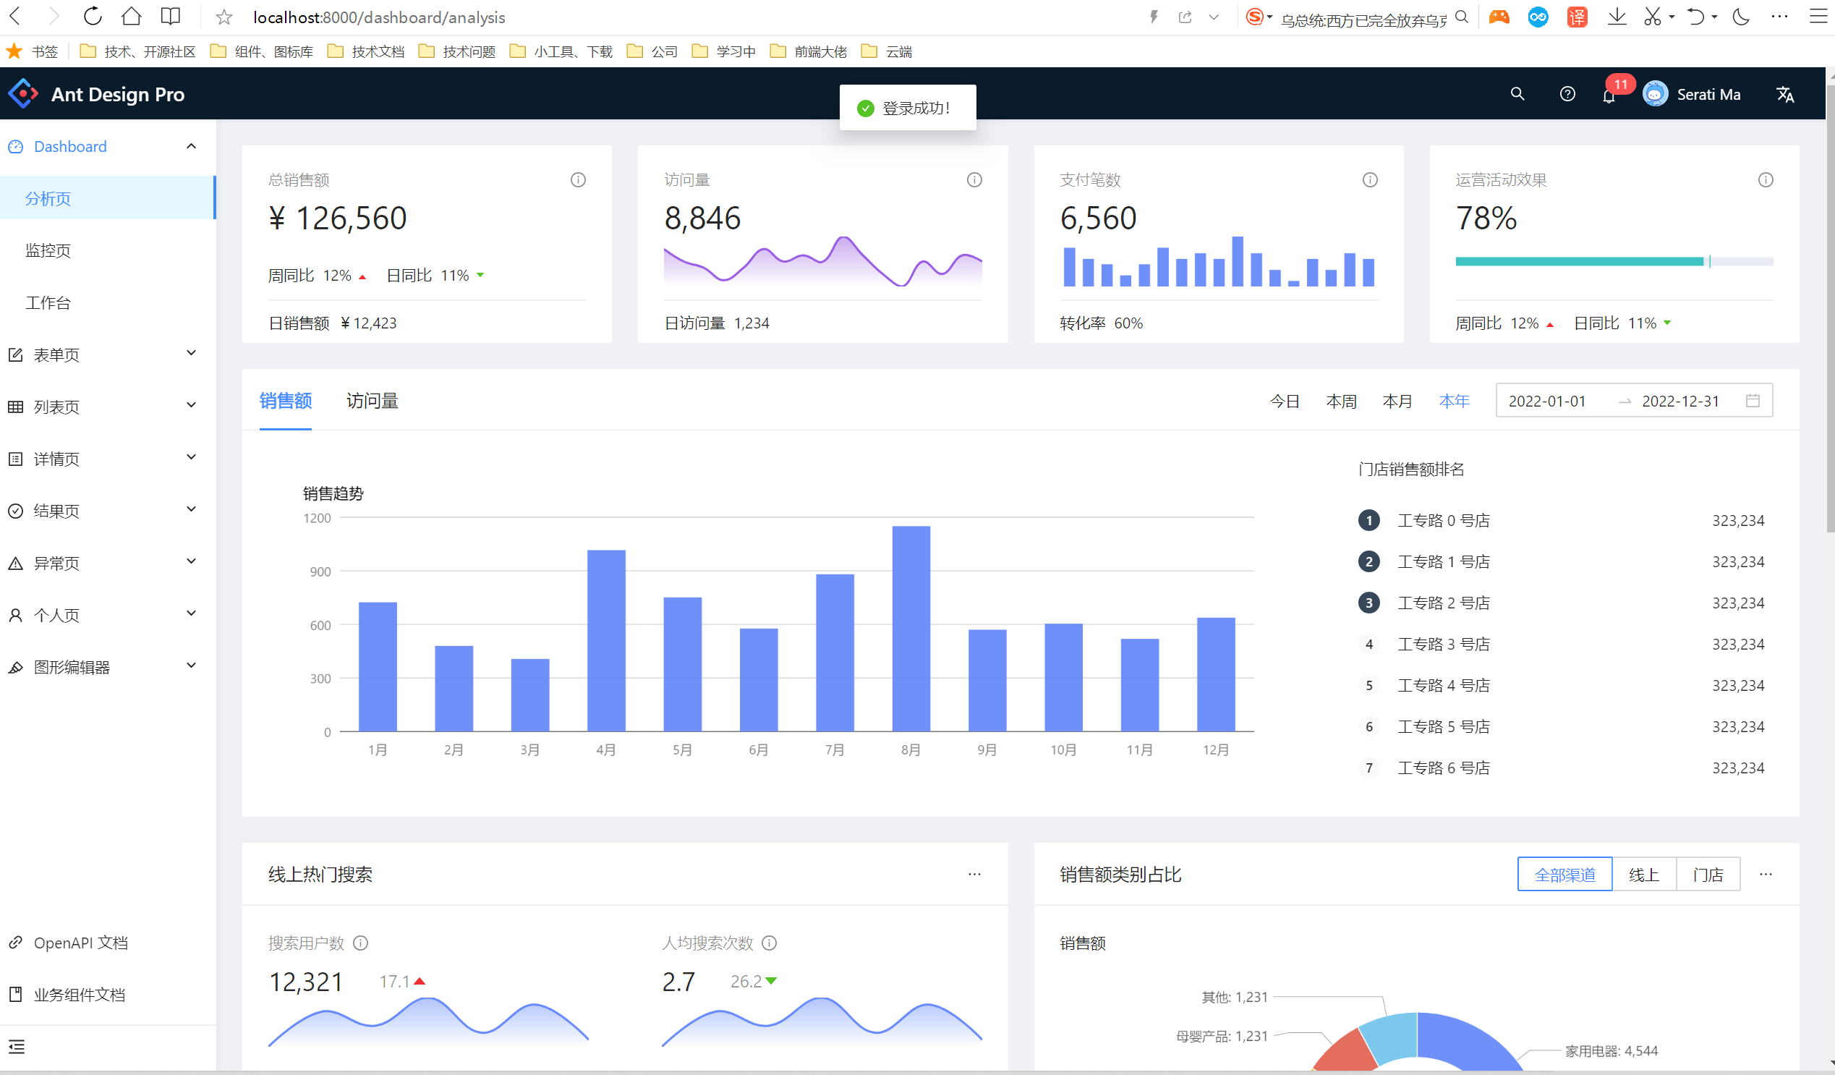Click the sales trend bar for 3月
pyautogui.click(x=530, y=694)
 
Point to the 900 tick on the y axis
pyautogui.click(x=320, y=572)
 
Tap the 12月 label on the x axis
pyautogui.click(x=1215, y=749)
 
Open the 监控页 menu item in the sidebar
pyautogui.click(x=48, y=250)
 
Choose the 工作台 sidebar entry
pyautogui.click(x=48, y=303)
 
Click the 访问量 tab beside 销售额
pyautogui.click(x=372, y=401)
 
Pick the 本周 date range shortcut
pyautogui.click(x=1340, y=401)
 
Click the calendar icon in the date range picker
pyautogui.click(x=1753, y=401)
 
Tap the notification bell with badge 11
pyautogui.click(x=1609, y=95)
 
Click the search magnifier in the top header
pyautogui.click(x=1517, y=94)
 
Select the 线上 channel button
pyautogui.click(x=1643, y=875)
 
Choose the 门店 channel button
pyautogui.click(x=1708, y=875)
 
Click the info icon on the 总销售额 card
pyautogui.click(x=578, y=180)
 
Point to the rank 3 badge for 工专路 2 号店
pyautogui.click(x=1369, y=603)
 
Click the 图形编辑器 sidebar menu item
pyautogui.click(x=72, y=667)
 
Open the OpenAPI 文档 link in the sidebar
pyautogui.click(x=80, y=943)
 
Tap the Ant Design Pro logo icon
pyautogui.click(x=23, y=94)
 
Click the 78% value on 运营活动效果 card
pyautogui.click(x=1486, y=218)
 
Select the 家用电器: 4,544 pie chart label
pyautogui.click(x=1611, y=1051)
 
